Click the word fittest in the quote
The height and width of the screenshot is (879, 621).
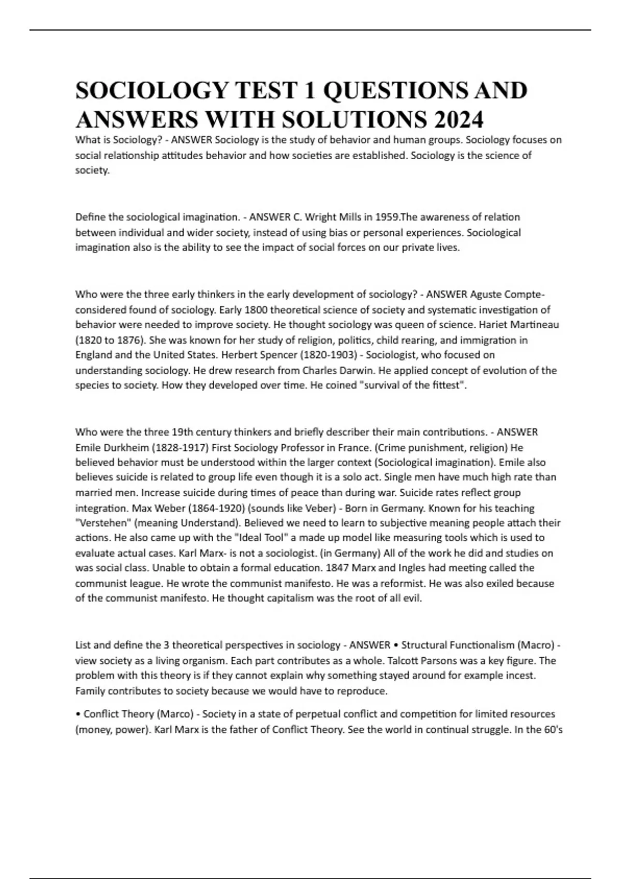[x=445, y=386]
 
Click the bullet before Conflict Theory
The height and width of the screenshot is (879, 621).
[x=78, y=715]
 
